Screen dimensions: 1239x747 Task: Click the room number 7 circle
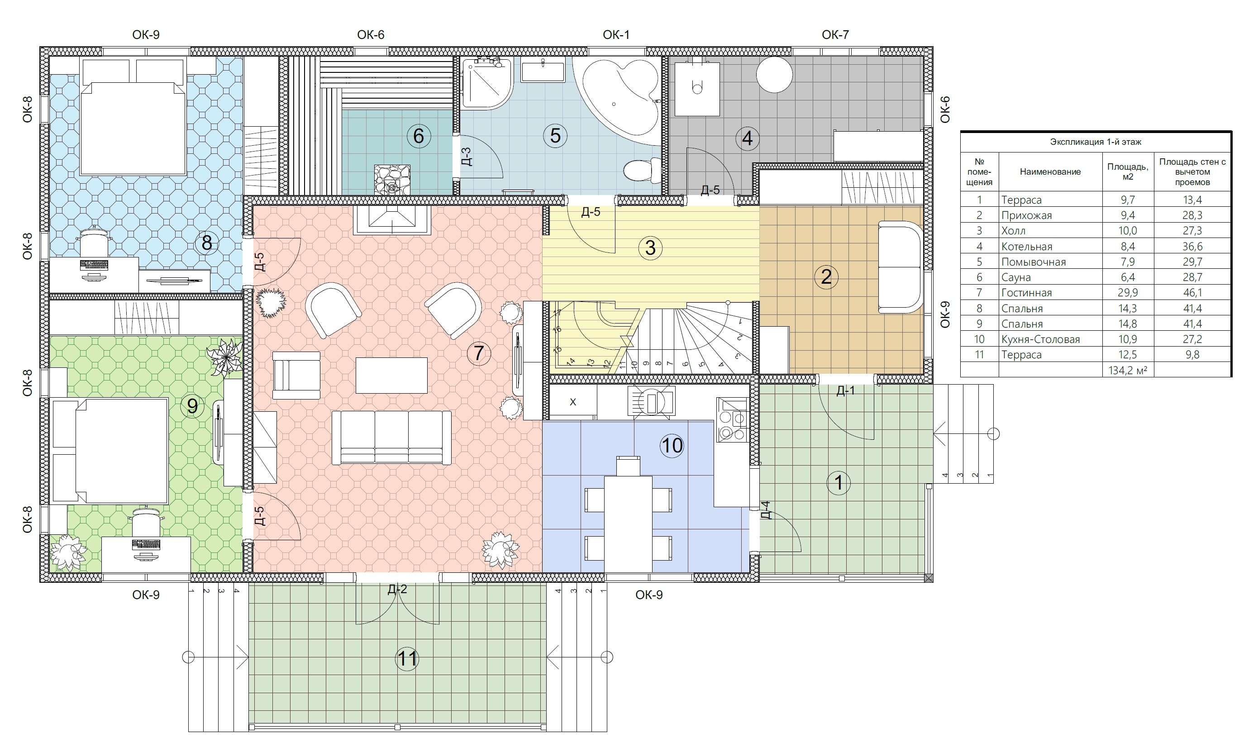(x=478, y=353)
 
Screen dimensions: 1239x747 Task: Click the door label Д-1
(x=845, y=390)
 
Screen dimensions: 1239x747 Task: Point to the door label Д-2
(x=397, y=589)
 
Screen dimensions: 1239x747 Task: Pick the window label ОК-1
(x=616, y=35)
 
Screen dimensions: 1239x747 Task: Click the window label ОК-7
(x=835, y=35)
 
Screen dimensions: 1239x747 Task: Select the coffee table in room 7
(x=391, y=376)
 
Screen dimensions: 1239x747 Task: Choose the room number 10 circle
(x=672, y=445)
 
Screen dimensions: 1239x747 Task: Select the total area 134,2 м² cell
(x=1128, y=371)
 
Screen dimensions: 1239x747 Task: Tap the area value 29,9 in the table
(x=1128, y=293)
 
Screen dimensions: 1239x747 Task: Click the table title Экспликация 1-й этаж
(x=1096, y=142)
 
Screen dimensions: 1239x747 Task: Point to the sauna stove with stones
(x=392, y=180)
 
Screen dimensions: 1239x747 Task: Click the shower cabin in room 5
(x=487, y=83)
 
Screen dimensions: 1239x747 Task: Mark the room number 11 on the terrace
(x=407, y=658)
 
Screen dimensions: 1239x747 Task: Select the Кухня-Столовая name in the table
(x=1040, y=339)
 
